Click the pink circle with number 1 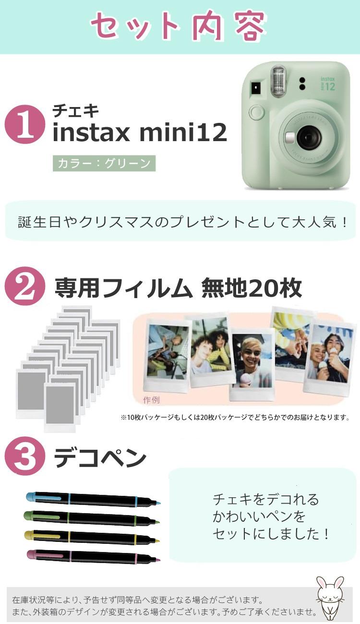24,124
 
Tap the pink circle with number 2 24,287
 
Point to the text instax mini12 139,133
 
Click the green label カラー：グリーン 104,163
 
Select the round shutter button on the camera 257,113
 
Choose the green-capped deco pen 91,518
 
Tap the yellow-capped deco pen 91,537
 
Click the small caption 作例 151,400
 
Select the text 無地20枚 252,288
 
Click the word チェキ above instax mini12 75,111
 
